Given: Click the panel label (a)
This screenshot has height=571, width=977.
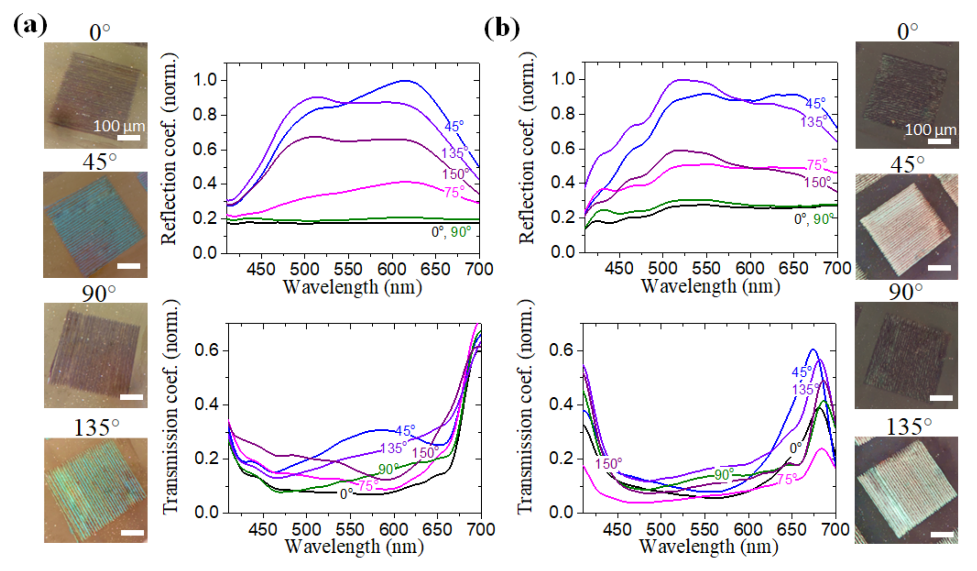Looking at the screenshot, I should pyautogui.click(x=30, y=26).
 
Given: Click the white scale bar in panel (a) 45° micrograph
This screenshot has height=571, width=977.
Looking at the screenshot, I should pyautogui.click(x=129, y=266).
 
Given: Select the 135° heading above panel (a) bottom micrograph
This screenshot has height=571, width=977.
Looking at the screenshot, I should pyautogui.click(x=96, y=428).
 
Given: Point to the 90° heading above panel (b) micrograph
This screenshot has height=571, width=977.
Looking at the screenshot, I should pyautogui.click(x=905, y=292).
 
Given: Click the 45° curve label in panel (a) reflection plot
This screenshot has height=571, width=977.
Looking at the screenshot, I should pyautogui.click(x=454, y=127).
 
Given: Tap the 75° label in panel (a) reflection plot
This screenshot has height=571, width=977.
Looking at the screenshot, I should pyautogui.click(x=454, y=192).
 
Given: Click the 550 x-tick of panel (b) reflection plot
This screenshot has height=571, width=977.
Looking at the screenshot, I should pyautogui.click(x=706, y=268).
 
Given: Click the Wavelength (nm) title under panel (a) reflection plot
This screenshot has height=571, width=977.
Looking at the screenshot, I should pyautogui.click(x=352, y=288).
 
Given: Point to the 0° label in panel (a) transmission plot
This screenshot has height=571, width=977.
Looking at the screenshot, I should pyautogui.click(x=346, y=494).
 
